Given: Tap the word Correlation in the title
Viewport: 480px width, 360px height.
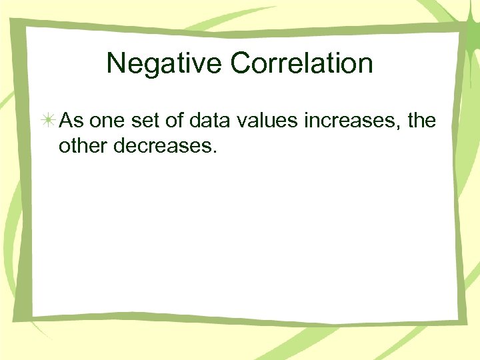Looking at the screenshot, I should click(302, 64).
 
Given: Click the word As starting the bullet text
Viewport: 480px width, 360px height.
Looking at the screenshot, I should click(71, 121).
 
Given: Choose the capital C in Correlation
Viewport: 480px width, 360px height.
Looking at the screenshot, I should click(241, 64).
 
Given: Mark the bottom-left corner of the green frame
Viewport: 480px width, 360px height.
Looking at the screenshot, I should click(17, 319).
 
